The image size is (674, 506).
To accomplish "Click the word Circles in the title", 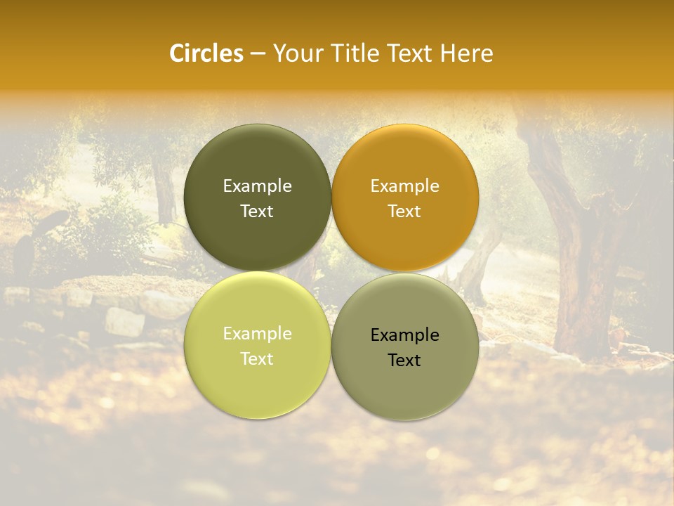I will tap(206, 53).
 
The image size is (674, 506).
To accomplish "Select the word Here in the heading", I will tap(467, 53).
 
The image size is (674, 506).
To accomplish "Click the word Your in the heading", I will tap(298, 53).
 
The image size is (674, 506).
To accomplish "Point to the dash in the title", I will tap(258, 54).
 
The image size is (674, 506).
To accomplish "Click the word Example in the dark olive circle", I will tap(257, 186).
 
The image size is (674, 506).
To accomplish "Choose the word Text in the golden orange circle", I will tap(404, 211).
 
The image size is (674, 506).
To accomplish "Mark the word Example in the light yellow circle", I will tap(257, 333).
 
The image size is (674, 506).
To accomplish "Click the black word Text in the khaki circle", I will tap(404, 360).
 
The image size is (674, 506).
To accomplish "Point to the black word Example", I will tap(404, 335).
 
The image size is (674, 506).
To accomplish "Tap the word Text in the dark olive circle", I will tap(257, 211).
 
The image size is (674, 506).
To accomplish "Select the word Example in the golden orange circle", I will tap(404, 186).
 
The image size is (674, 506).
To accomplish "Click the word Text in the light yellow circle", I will tap(257, 358).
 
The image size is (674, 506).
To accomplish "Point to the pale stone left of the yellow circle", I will tap(125, 321).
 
